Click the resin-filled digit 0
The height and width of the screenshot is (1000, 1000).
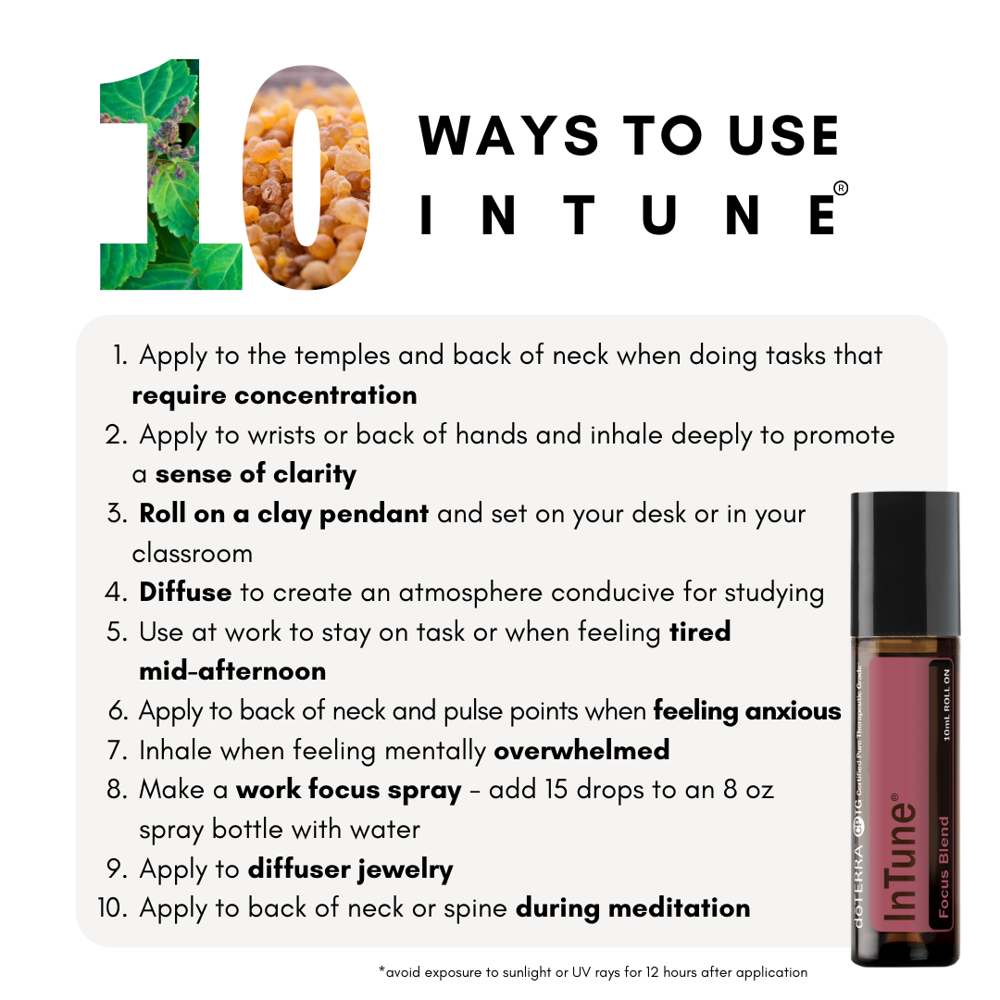point(307,177)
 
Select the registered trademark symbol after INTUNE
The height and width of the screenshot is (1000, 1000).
point(841,188)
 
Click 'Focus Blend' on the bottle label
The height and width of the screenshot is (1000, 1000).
point(944,867)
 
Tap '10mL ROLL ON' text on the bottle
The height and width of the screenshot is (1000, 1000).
point(946,705)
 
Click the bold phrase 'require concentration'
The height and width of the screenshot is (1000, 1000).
point(274,396)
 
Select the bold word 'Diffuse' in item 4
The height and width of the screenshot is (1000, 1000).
point(185,592)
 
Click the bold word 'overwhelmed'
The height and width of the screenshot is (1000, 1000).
point(581,750)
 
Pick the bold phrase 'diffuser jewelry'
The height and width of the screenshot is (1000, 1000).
point(350,869)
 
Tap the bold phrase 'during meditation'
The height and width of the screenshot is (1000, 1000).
point(632,908)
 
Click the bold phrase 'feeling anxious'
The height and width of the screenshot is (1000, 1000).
point(747,711)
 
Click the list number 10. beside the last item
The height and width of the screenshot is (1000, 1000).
point(113,908)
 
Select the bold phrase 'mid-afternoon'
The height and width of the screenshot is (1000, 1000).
point(232,671)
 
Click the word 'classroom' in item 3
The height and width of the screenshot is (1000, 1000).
point(192,554)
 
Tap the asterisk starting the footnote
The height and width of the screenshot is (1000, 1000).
point(381,970)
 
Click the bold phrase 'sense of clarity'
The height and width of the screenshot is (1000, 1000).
point(256,474)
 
